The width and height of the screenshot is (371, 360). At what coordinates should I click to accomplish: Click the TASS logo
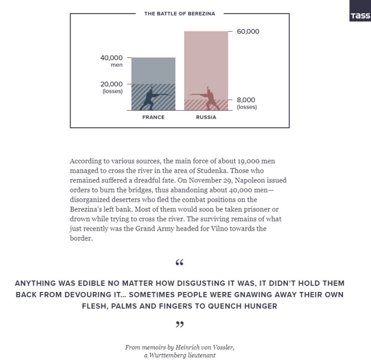(x=360, y=16)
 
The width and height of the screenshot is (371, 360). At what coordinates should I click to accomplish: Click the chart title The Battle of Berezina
(x=180, y=14)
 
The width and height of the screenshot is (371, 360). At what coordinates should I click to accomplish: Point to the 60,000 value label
(x=248, y=32)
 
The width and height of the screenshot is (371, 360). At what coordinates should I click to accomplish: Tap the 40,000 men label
(x=112, y=61)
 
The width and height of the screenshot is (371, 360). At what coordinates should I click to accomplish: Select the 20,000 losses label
(x=112, y=87)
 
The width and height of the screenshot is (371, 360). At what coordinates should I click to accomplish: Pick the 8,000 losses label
(x=246, y=103)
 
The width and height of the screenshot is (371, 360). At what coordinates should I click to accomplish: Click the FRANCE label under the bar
(x=153, y=117)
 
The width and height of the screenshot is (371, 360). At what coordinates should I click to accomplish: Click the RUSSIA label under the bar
(x=206, y=117)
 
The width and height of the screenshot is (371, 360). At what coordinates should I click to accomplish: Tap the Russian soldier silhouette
(x=206, y=98)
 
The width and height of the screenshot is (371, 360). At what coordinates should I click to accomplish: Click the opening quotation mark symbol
(x=180, y=263)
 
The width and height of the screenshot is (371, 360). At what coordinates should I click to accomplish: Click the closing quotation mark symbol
(x=180, y=325)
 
